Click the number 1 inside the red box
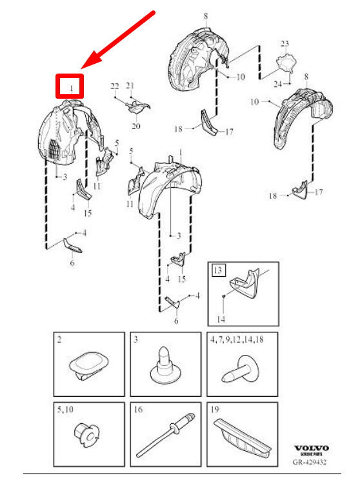click(x=72, y=88)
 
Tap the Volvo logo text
click(x=311, y=448)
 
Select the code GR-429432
click(x=309, y=462)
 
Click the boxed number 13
click(x=218, y=270)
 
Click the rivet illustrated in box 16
click(x=166, y=434)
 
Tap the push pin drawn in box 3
click(x=165, y=365)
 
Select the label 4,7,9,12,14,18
click(x=237, y=339)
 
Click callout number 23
click(x=285, y=43)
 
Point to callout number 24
click(x=277, y=84)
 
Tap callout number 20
click(x=136, y=126)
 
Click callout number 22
click(x=115, y=86)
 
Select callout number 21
click(x=130, y=85)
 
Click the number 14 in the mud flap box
click(x=221, y=319)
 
